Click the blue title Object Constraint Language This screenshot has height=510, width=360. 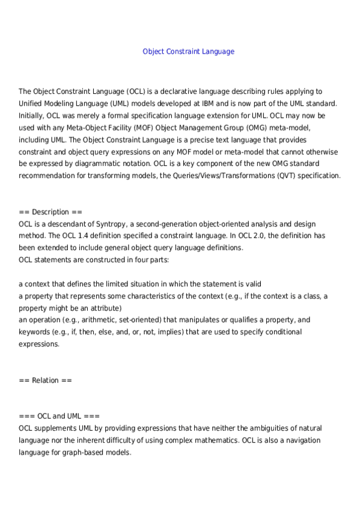point(188,52)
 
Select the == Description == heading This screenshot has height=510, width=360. point(50,212)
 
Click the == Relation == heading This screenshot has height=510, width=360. point(46,380)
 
